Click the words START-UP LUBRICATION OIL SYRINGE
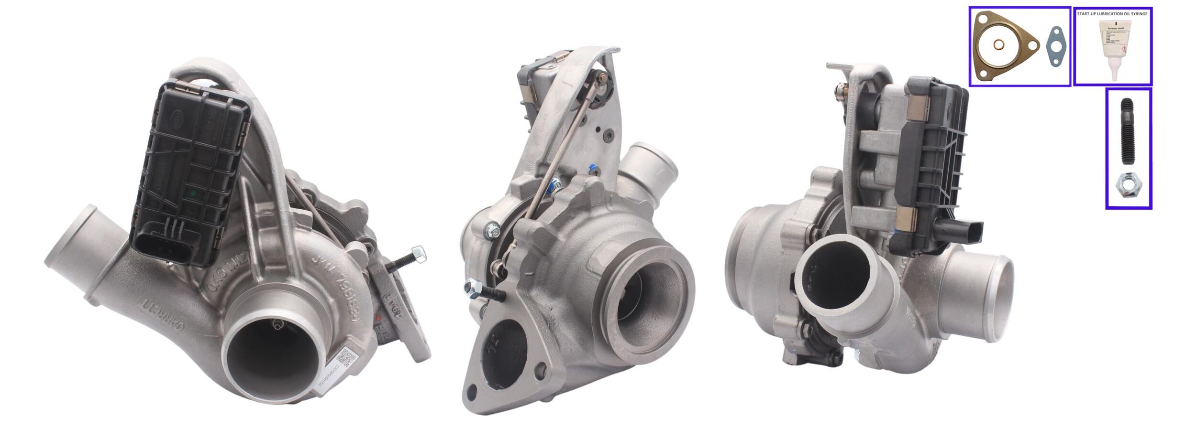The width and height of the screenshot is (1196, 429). coord(1112,14)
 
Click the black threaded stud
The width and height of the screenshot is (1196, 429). coord(1127,131)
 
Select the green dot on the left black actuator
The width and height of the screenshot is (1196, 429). coord(192,194)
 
